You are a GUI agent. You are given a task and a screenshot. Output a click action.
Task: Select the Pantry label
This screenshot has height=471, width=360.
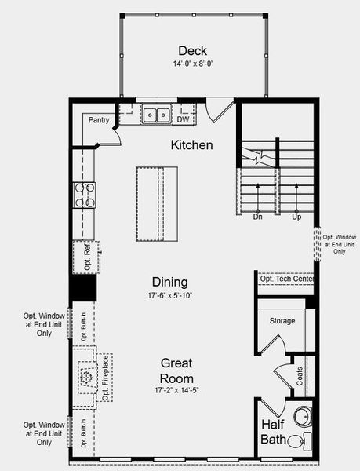(99, 120)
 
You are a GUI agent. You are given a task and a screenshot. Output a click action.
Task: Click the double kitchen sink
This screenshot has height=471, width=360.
(156, 115)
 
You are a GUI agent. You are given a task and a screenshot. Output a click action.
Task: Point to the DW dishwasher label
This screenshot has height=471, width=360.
(183, 120)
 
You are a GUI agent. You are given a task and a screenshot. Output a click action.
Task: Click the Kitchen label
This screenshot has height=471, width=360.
(192, 145)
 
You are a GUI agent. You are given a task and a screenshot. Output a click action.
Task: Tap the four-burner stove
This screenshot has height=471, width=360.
(84, 195)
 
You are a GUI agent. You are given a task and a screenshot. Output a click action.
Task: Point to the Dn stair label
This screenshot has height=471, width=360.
(258, 216)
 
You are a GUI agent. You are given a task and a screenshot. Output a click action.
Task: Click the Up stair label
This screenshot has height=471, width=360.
(296, 216)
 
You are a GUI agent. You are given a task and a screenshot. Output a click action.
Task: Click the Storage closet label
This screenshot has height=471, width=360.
(282, 321)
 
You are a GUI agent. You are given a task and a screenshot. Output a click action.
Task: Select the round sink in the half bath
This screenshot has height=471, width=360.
(301, 414)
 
